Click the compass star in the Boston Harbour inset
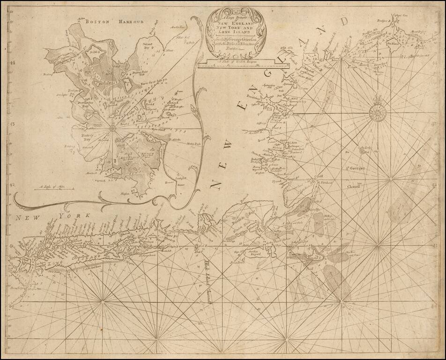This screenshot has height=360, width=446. (x=112, y=127)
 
